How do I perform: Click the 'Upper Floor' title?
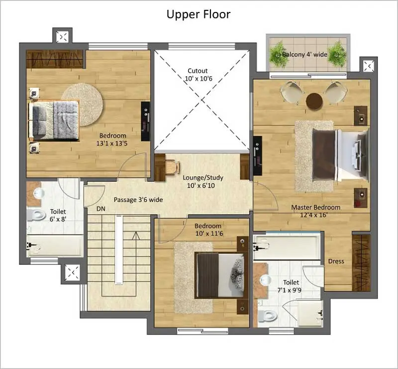coord(199,14)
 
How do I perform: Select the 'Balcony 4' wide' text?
coord(304,54)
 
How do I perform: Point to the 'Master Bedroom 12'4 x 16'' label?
coord(315,211)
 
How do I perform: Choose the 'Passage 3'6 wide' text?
coord(138,200)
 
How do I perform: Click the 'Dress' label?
coord(336,261)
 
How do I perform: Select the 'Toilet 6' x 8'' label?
coord(58,216)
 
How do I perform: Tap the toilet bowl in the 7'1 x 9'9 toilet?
coord(269,315)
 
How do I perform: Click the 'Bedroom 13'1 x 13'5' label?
coord(112,139)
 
